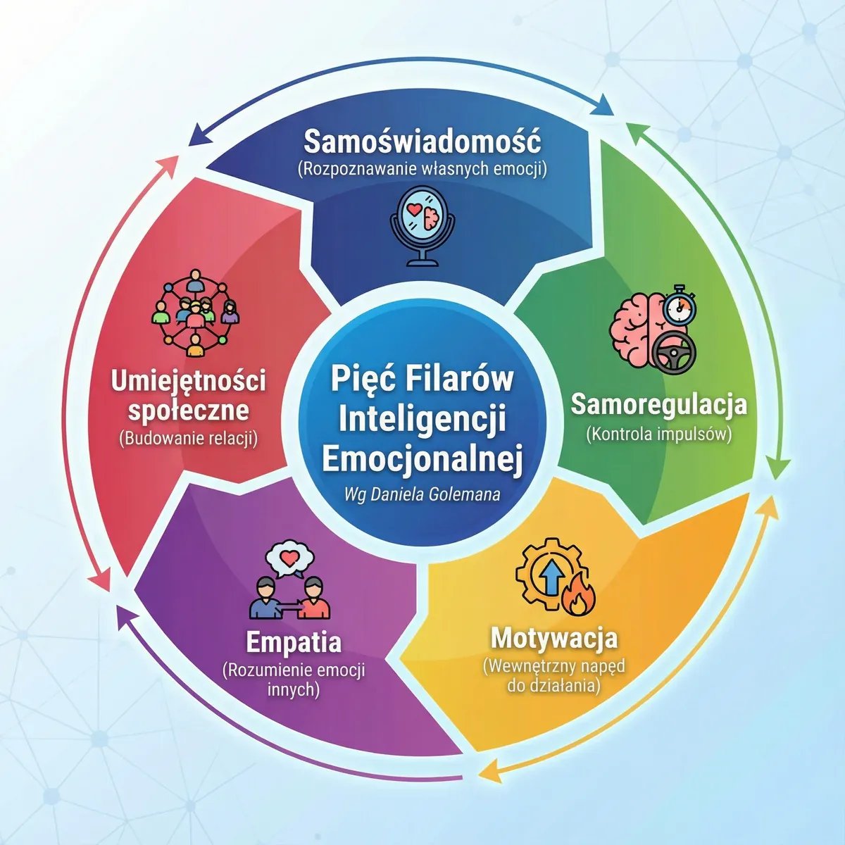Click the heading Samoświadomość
click(423, 142)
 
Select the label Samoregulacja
click(658, 404)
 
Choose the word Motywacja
click(554, 638)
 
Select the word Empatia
click(294, 642)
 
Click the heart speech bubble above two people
click(289, 558)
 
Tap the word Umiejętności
click(188, 382)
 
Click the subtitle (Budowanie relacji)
click(188, 439)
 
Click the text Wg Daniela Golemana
click(422, 494)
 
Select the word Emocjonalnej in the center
click(423, 459)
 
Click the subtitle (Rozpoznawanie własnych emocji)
click(423, 169)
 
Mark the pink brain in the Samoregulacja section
click(638, 330)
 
